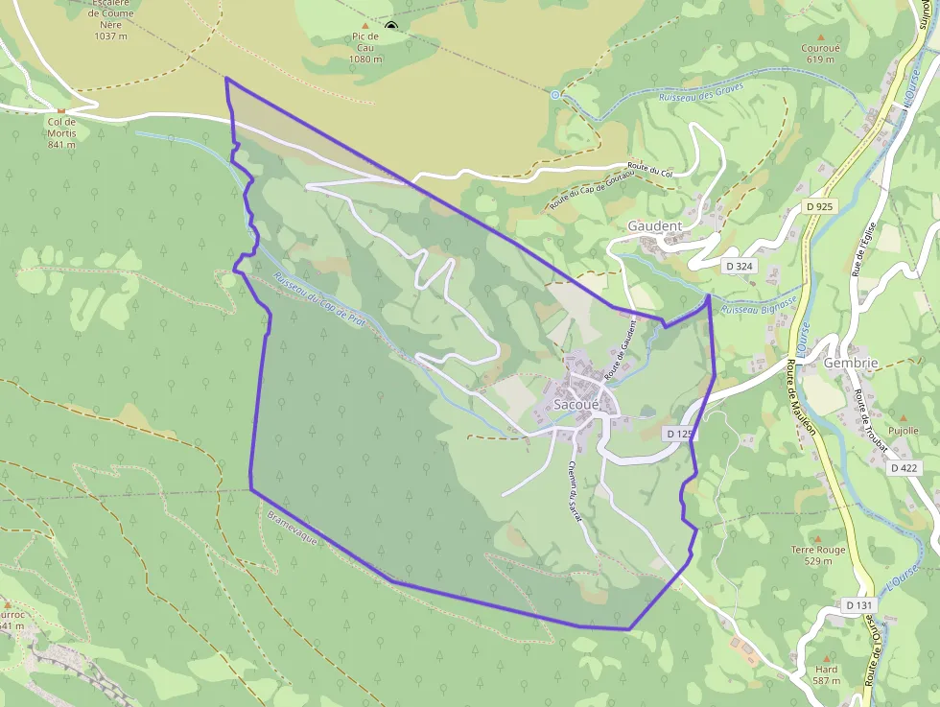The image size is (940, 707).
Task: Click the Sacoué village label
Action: click(576, 406)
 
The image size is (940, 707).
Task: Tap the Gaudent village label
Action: click(654, 226)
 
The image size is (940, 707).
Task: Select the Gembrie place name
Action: click(851, 364)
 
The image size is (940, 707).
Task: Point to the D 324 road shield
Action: click(739, 266)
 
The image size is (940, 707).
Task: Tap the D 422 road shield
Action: click(904, 468)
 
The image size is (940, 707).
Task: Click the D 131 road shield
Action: click(859, 605)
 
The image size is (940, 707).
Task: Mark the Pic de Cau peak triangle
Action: click(365, 25)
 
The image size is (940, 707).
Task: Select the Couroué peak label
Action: click(820, 48)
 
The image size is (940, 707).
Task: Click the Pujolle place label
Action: click(903, 431)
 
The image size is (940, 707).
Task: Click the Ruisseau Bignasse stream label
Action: click(758, 306)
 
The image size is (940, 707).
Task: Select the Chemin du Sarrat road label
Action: click(575, 490)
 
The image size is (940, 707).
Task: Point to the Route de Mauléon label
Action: click(801, 396)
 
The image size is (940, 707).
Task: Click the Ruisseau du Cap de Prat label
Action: click(318, 300)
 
